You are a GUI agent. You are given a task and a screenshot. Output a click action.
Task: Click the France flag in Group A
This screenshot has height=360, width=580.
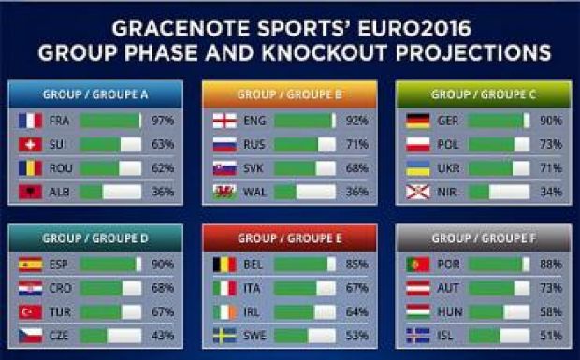point(30,121)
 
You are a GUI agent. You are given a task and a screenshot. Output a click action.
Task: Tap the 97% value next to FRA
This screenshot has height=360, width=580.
point(161,121)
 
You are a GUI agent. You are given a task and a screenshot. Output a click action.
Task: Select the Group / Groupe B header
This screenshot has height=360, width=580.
point(289,94)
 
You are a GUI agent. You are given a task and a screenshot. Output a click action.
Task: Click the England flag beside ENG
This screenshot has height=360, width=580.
point(224,121)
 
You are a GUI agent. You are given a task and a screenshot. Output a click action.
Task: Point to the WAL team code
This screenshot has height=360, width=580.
point(254,192)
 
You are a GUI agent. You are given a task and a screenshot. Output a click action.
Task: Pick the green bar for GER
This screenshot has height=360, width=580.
point(497,121)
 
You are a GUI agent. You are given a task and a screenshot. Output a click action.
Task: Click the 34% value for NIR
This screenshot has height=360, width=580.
point(551,192)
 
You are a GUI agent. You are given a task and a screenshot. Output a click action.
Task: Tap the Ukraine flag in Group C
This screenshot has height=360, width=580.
point(417,168)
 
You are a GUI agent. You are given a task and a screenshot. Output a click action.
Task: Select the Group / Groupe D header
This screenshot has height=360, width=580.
point(95,238)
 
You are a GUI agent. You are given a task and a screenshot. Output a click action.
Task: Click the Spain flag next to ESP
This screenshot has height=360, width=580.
point(30,265)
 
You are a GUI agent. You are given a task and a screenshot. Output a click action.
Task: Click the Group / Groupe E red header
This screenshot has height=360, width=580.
point(289,238)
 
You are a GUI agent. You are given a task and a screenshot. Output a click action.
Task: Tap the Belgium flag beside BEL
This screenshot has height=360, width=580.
point(224,265)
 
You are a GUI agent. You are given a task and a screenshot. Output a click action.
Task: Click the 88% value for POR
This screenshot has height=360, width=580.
point(551,265)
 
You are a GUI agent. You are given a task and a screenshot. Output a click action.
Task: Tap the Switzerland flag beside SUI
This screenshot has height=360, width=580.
point(30,145)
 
